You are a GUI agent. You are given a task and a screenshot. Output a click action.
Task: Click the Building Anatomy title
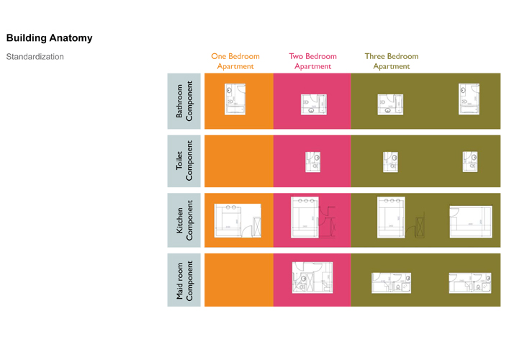pos(49,38)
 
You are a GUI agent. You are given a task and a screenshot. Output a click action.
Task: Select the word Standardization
pos(35,56)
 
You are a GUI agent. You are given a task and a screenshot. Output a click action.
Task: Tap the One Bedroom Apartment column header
pos(235,61)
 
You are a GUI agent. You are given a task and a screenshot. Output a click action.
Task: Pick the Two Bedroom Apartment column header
pos(312,61)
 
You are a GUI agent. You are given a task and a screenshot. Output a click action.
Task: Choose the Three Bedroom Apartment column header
pos(391,61)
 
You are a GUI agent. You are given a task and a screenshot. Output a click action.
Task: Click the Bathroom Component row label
pos(184,101)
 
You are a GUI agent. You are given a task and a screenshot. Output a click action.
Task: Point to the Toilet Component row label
pos(184,160)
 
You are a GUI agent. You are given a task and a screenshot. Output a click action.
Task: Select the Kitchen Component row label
pos(184,220)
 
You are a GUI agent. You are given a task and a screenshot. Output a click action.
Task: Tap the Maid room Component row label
pos(184,279)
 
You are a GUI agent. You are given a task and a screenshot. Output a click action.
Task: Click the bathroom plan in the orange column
pos(235,99)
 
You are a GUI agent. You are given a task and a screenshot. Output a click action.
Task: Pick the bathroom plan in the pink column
pos(313,104)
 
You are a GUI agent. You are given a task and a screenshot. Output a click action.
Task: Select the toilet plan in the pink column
pos(312,161)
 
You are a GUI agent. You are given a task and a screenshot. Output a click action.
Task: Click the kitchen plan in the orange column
pos(238,220)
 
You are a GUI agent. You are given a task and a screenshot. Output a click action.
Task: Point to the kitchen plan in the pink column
pos(311,217)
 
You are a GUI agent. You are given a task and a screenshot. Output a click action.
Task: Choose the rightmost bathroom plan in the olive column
pos(469,99)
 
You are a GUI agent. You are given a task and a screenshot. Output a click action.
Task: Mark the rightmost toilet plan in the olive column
pos(470,161)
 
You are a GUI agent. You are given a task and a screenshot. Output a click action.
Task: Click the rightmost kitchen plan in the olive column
pos(470,221)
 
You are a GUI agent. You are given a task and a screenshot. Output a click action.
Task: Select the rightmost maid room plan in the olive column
pos(469,282)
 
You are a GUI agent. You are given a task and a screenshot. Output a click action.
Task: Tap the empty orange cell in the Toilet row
pos(238,160)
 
